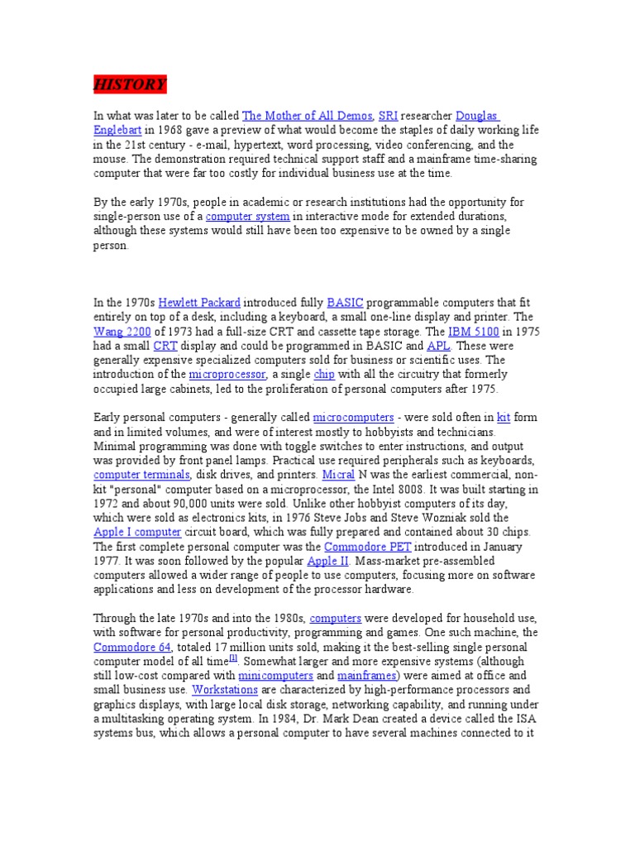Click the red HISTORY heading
click(129, 84)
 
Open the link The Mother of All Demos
click(307, 116)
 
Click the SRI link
click(388, 116)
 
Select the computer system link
click(247, 216)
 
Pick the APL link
click(438, 346)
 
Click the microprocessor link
click(227, 374)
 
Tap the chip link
click(324, 374)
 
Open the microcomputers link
click(353, 418)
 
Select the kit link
click(503, 418)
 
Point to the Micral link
click(337, 475)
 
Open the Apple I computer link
click(136, 533)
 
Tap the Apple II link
click(327, 561)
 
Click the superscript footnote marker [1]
click(233, 658)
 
